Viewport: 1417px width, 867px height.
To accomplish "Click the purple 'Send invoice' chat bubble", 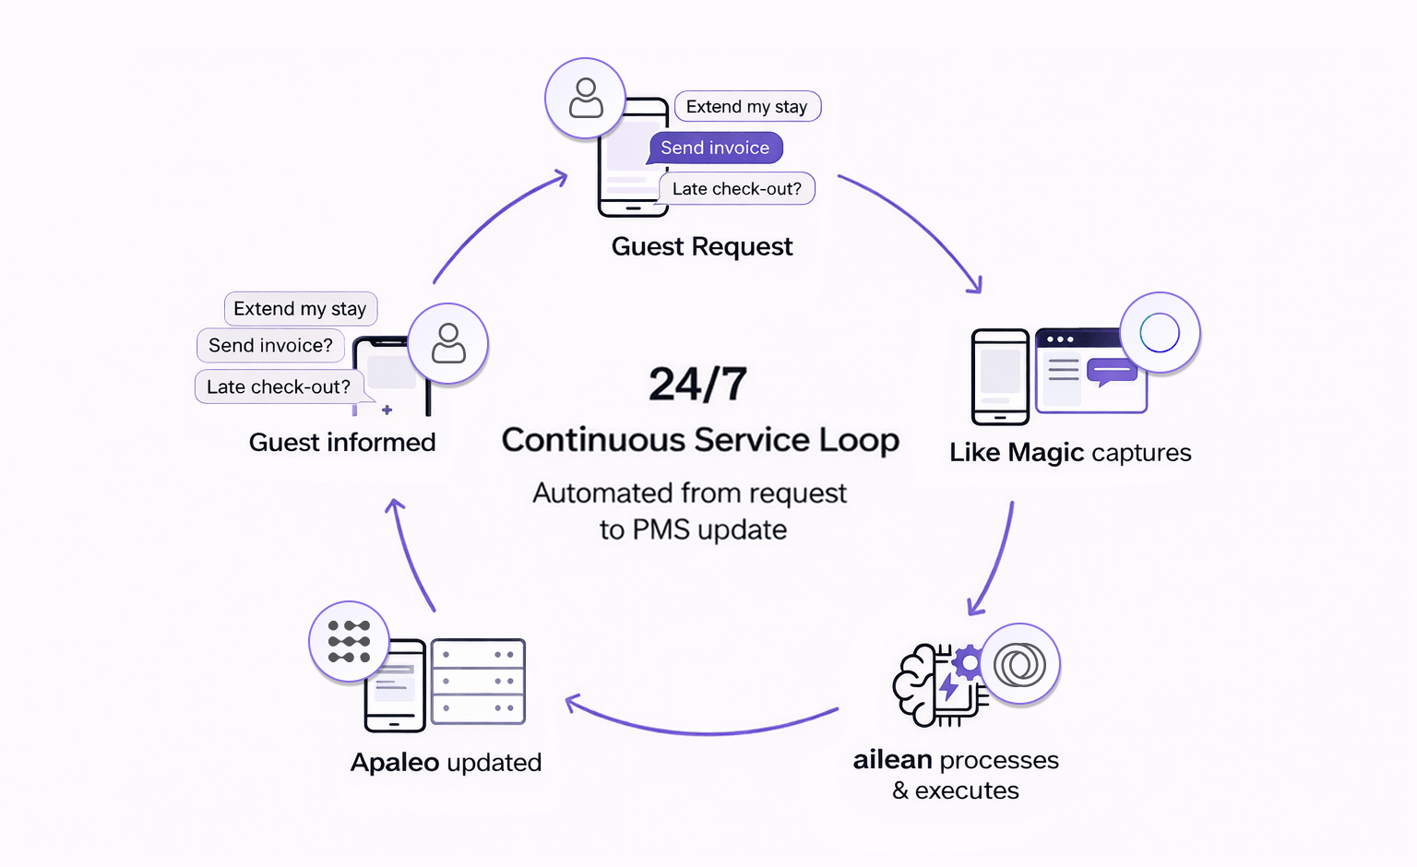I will (715, 148).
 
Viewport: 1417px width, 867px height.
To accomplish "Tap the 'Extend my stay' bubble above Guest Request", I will (746, 107).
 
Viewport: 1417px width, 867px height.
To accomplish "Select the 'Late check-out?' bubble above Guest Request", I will (736, 189).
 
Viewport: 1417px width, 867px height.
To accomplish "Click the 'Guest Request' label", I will (701, 247).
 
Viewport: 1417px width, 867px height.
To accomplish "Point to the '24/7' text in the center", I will (697, 385).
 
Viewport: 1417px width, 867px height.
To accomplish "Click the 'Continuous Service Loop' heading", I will (700, 440).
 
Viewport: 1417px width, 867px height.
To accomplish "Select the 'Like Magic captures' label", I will (1070, 453).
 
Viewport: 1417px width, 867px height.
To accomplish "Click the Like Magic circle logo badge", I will (1160, 333).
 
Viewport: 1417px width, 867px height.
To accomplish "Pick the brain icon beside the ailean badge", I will (919, 685).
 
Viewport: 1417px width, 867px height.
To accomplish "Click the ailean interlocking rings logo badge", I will (1019, 664).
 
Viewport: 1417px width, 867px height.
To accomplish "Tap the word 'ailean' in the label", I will (892, 760).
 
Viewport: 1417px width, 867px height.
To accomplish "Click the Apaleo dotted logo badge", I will (349, 642).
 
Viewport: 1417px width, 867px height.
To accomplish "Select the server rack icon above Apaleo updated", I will (478, 682).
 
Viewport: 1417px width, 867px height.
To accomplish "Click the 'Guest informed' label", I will (342, 443).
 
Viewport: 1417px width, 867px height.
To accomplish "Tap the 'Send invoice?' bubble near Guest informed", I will (270, 346).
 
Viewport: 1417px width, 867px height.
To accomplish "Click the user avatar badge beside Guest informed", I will (448, 343).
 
